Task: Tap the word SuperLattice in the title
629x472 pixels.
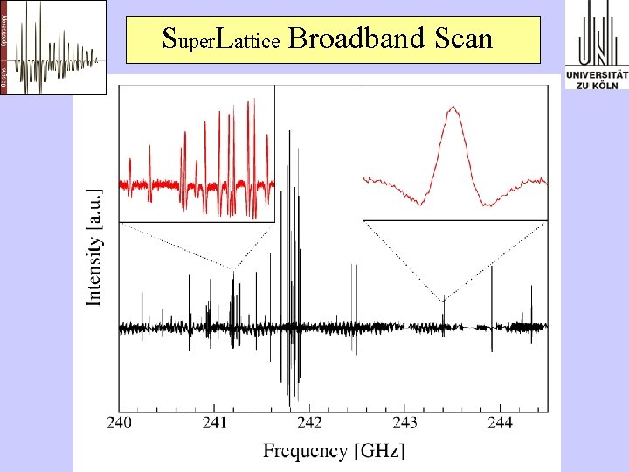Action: pyautogui.click(x=221, y=39)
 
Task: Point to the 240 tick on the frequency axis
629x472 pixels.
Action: pyautogui.click(x=120, y=423)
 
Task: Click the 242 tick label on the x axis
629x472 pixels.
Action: pyautogui.click(x=309, y=423)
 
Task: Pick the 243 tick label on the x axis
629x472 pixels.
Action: pyautogui.click(x=404, y=423)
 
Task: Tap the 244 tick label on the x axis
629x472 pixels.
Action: pyautogui.click(x=500, y=423)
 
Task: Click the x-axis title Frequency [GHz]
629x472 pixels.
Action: pyautogui.click(x=334, y=451)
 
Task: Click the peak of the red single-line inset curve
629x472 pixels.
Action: pyautogui.click(x=453, y=108)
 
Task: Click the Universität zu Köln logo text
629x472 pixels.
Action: pyautogui.click(x=597, y=80)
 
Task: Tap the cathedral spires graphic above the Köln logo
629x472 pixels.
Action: pyautogui.click(x=597, y=33)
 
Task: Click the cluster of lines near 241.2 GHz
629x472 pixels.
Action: pyautogui.click(x=232, y=302)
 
